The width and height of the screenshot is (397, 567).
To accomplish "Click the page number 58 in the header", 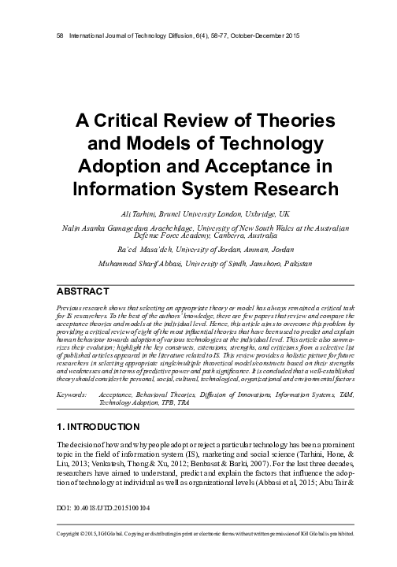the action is tap(52, 37).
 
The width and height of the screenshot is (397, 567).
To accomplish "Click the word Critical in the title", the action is tap(128, 123).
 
